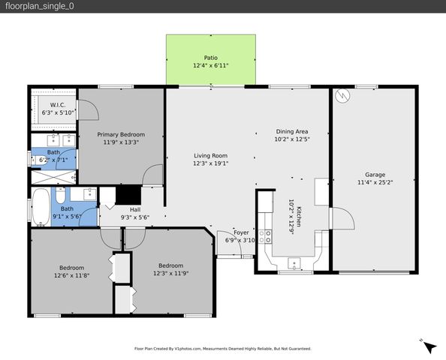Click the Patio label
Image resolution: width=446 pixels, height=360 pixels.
click(211, 57)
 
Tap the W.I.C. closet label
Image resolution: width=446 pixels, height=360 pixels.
click(59, 105)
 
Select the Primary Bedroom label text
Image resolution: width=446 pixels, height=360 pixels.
click(123, 134)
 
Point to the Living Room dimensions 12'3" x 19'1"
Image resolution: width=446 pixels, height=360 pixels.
click(210, 163)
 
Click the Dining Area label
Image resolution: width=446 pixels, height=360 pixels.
click(291, 130)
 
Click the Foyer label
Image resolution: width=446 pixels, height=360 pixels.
click(241, 232)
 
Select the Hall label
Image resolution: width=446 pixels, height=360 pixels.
click(135, 209)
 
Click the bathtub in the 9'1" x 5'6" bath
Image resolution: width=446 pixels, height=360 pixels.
click(41, 206)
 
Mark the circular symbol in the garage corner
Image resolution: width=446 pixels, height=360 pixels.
click(344, 97)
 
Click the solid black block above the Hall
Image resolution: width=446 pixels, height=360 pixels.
click(128, 193)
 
